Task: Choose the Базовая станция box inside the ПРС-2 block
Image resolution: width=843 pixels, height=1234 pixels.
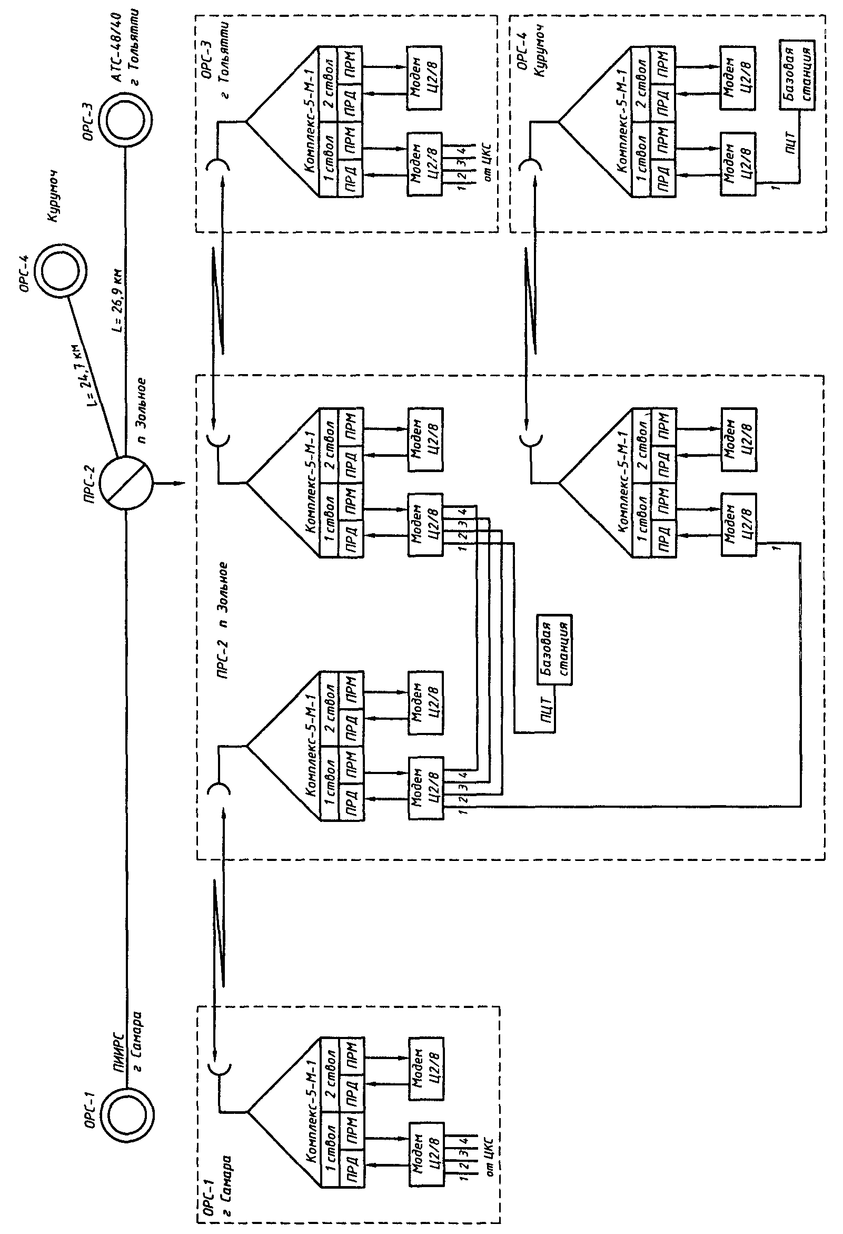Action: pyautogui.click(x=554, y=650)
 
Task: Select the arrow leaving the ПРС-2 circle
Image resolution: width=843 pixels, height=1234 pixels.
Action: pyautogui.click(x=170, y=484)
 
